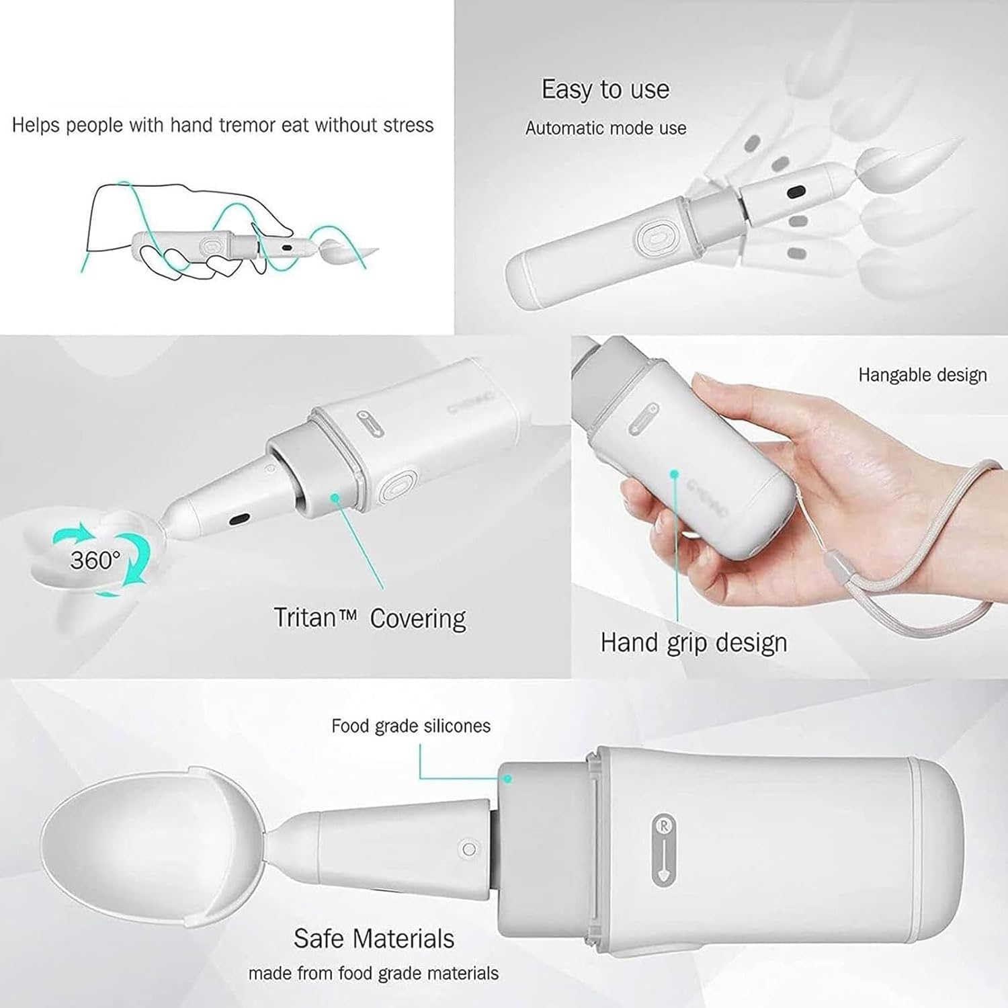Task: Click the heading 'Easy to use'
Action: [605, 89]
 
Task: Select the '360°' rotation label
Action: [95, 560]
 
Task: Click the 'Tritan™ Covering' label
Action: [370, 618]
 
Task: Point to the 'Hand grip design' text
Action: [694, 642]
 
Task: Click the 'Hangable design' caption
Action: [922, 375]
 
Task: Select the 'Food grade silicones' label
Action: [411, 726]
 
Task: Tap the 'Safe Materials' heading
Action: [374, 938]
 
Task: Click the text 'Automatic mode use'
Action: [605, 128]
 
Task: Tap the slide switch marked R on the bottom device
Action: [664, 850]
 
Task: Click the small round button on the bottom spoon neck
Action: [469, 849]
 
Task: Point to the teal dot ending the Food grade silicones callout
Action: [508, 779]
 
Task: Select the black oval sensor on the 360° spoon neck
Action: [239, 519]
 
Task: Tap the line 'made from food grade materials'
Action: [374, 973]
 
